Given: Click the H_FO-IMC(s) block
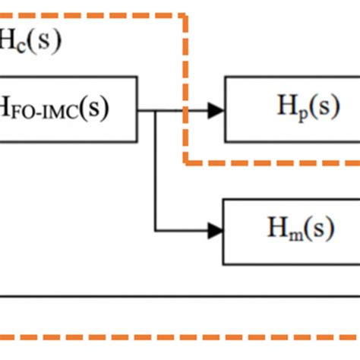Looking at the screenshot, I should (68, 109).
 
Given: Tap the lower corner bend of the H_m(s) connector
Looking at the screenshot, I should (156, 230).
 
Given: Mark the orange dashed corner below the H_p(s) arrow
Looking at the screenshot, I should (185, 162).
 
